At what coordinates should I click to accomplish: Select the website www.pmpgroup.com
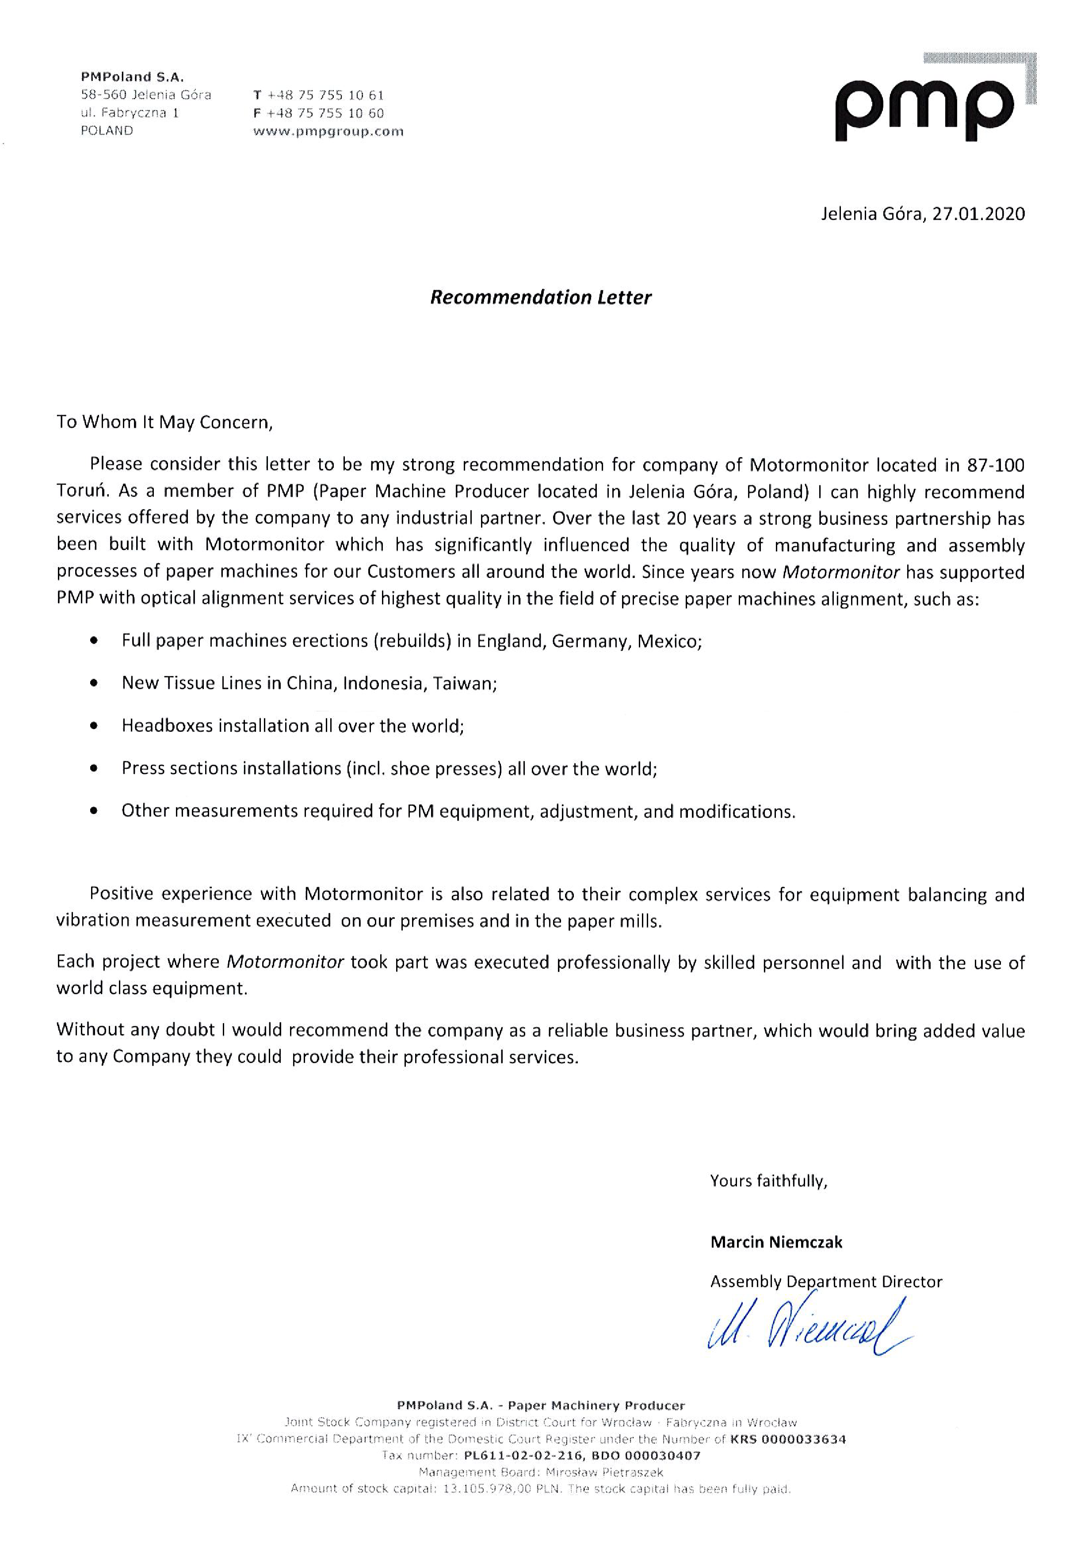(328, 131)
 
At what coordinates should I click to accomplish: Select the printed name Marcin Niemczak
(775, 1242)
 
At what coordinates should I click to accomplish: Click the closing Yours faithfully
(768, 1180)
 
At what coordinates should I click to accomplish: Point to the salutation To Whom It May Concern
(164, 422)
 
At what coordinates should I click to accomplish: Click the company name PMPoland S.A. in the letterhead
(132, 77)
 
